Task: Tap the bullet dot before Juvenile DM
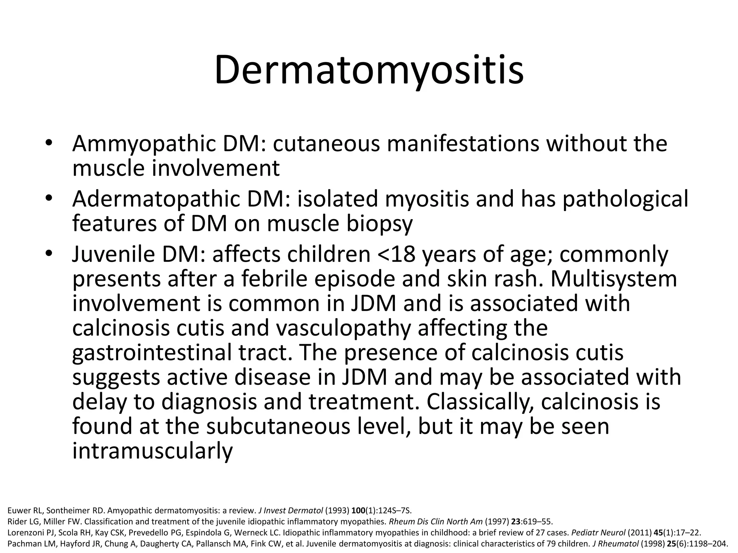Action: [x=49, y=254]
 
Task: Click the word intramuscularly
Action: [x=152, y=451]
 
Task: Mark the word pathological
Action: [x=625, y=199]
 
